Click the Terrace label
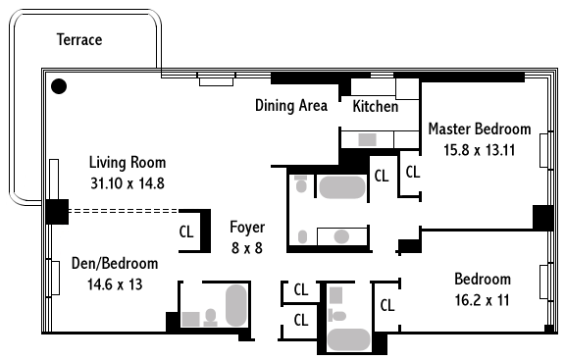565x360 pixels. point(79,39)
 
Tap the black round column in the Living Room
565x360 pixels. point(59,86)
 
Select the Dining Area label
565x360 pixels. point(291,106)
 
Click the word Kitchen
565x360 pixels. point(375,106)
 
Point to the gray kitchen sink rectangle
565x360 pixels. point(367,140)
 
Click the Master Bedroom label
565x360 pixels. point(480,129)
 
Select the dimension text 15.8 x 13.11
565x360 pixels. point(479,150)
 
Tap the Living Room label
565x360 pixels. point(128,163)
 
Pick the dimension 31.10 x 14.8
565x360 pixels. point(128,183)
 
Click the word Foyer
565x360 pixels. point(247,228)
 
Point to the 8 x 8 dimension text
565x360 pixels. point(247,248)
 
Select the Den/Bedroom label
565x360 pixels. point(115,264)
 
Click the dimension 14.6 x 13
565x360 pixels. point(115,284)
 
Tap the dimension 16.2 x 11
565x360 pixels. point(483,300)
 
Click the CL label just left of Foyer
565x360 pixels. point(186,231)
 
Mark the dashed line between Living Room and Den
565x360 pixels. point(124,211)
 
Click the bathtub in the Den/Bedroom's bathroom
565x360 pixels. point(236,306)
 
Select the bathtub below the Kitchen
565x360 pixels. point(342,187)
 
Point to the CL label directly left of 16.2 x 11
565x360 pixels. point(387,305)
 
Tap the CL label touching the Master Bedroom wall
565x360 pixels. point(413,172)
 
